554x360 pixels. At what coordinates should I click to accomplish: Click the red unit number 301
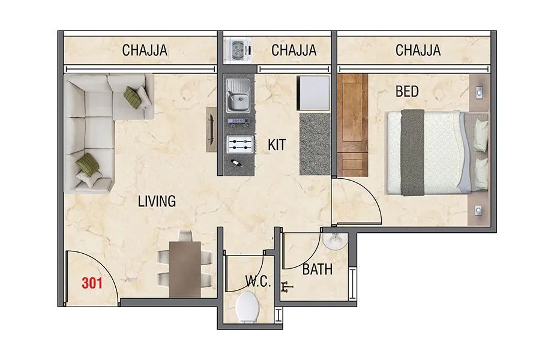tap(92, 282)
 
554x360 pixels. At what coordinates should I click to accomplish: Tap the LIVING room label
tap(157, 201)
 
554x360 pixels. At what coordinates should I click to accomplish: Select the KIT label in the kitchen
tap(277, 145)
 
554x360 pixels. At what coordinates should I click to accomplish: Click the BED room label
tap(407, 92)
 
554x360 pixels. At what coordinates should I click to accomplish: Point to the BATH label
tap(317, 270)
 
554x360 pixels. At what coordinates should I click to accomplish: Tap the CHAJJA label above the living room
tap(145, 50)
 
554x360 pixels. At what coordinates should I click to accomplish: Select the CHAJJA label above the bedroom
tap(418, 50)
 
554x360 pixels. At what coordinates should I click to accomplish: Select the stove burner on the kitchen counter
tap(238, 145)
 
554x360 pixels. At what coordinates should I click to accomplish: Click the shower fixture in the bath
tap(288, 287)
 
